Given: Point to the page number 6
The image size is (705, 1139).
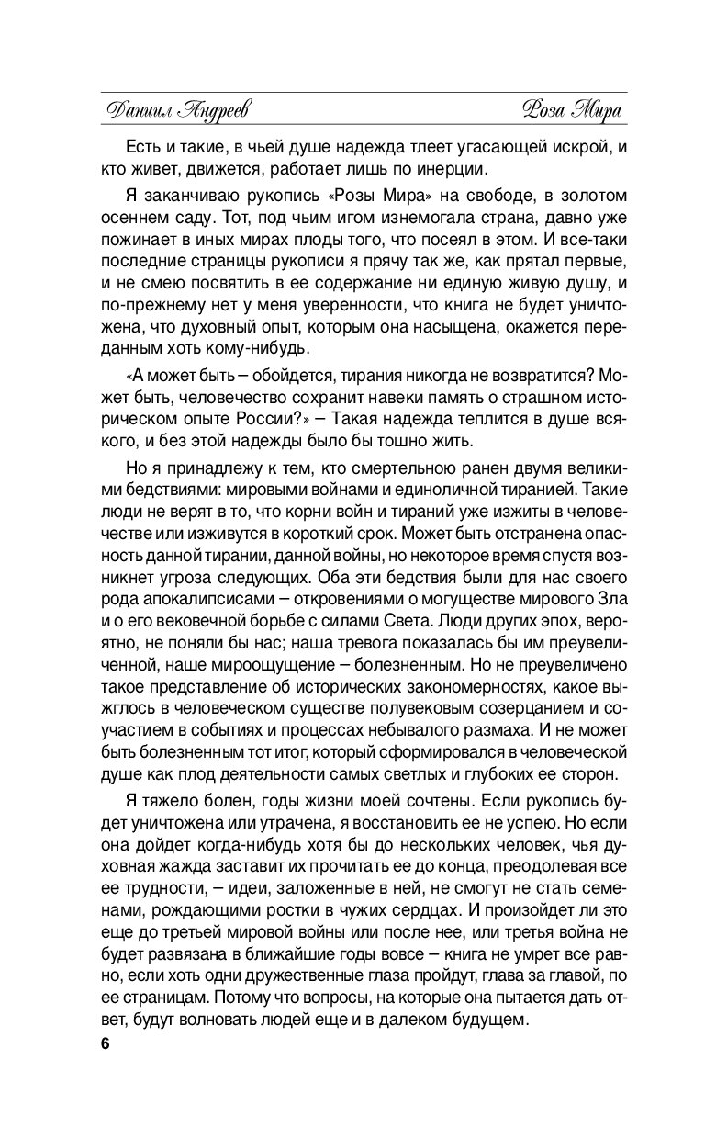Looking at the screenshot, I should [94, 1044].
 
